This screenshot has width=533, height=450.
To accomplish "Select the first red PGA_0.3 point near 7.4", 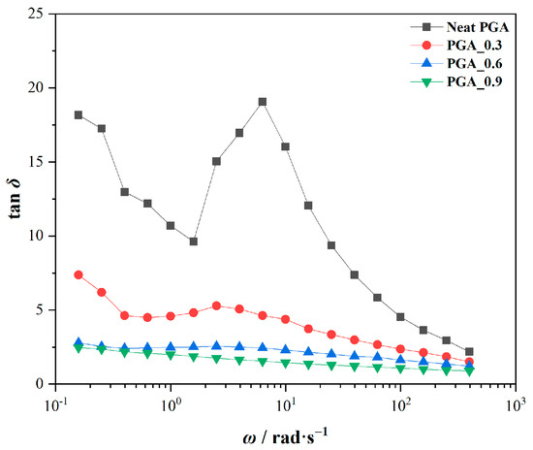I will tap(78, 274).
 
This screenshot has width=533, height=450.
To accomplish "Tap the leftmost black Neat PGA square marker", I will tap(78, 114).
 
